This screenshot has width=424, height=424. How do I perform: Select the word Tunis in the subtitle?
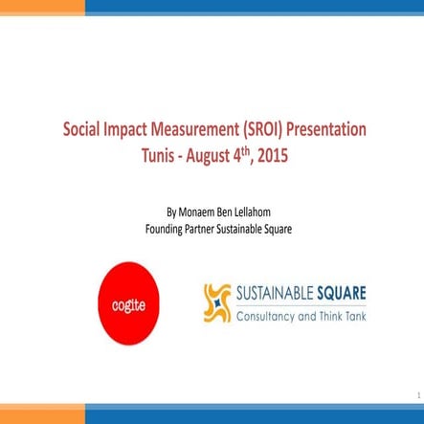click(159, 150)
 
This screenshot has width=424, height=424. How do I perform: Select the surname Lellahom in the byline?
click(266, 185)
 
